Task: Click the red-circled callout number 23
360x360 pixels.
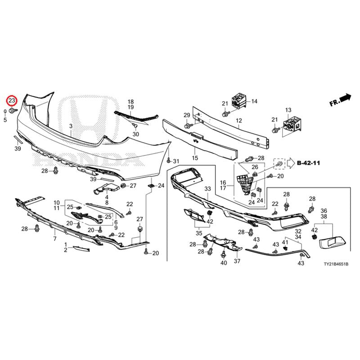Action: pos(12,100)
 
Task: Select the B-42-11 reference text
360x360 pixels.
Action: pos(308,163)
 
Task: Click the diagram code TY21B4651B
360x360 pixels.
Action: pos(336,264)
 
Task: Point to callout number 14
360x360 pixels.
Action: pos(254,101)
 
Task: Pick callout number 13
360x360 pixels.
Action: pos(288,110)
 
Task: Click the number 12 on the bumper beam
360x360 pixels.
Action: pos(239,121)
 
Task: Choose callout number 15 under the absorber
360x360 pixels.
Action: pos(195,158)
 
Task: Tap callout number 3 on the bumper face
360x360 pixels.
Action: pos(71,126)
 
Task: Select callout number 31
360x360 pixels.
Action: pos(176,162)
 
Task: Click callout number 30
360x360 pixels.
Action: pos(136,134)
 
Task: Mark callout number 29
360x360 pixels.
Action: pos(187,115)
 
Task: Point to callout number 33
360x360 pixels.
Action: pos(207,189)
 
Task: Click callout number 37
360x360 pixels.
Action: pos(237,261)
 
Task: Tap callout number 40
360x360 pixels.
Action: pos(224,263)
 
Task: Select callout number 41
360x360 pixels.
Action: pos(285,242)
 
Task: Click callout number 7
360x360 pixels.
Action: pos(55,239)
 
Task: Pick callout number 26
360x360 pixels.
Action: pos(255,167)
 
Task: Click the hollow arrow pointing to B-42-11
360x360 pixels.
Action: pos(291,163)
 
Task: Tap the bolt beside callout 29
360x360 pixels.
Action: pos(188,126)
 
